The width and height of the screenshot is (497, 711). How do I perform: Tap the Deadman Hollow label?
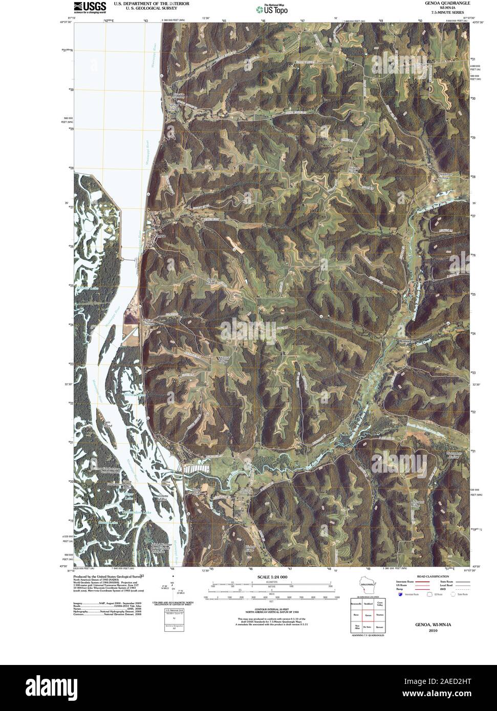[x=447, y=175]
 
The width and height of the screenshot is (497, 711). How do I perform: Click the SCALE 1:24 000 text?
[x=269, y=577]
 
